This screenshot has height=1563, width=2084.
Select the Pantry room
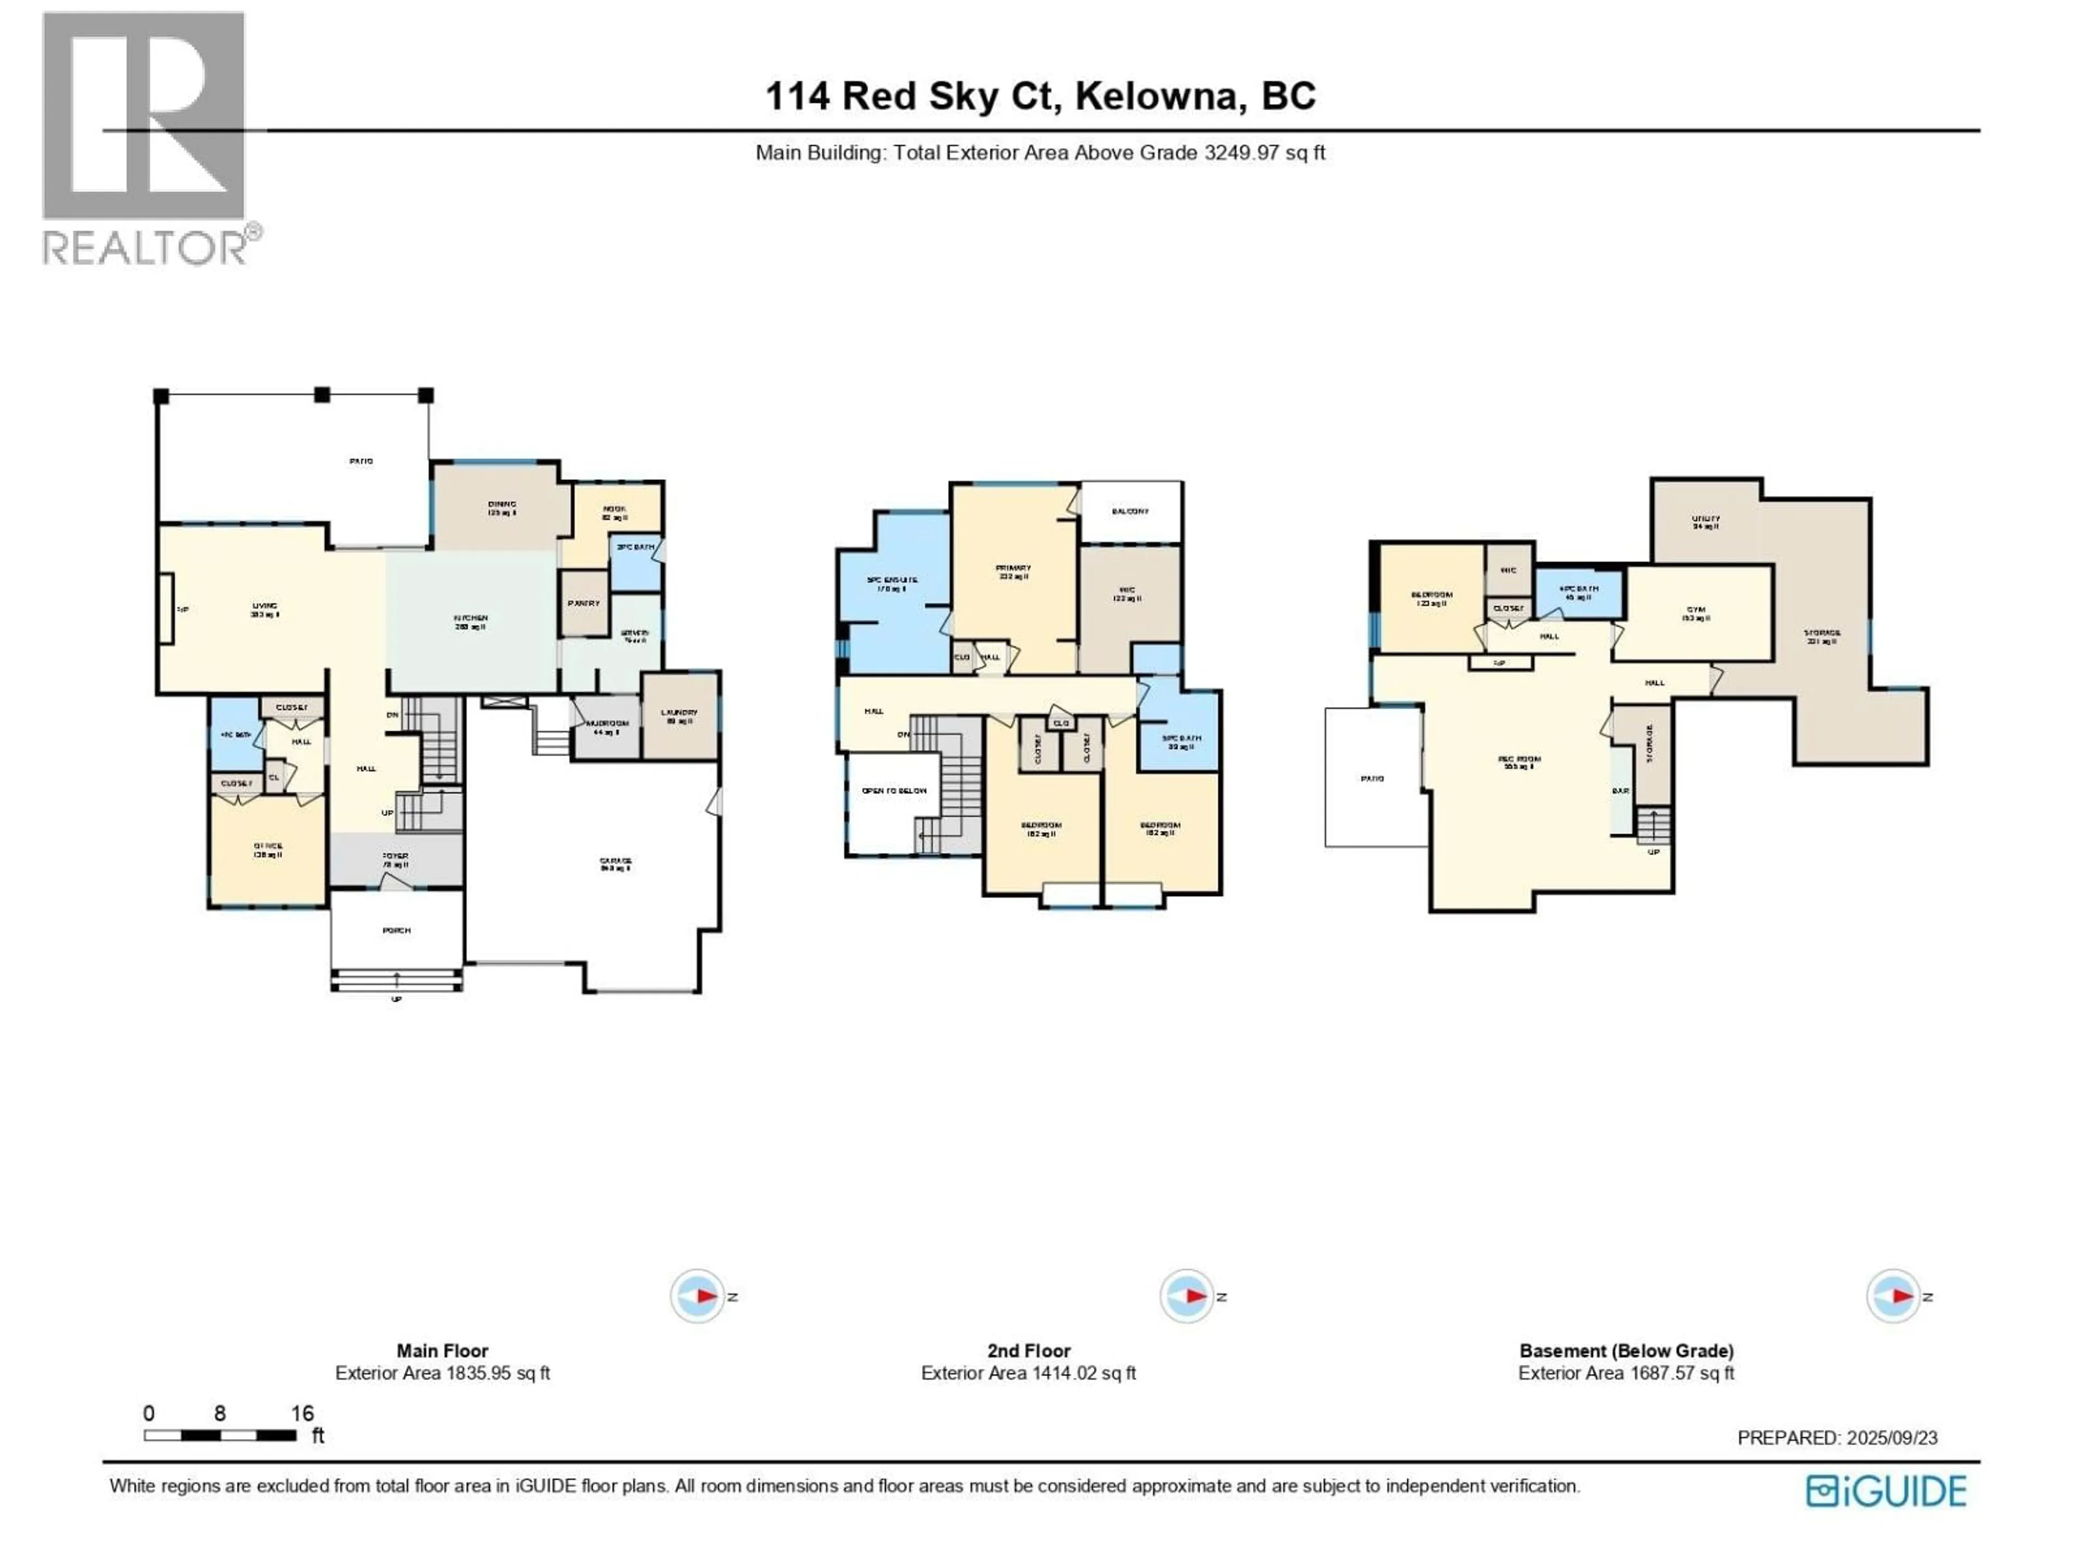coord(584,603)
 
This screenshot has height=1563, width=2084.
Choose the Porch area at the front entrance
coord(397,930)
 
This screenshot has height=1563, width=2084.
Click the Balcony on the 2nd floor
coord(1130,512)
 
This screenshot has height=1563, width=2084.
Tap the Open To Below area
coord(894,790)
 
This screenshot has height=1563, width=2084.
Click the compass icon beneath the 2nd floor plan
coord(1186,1297)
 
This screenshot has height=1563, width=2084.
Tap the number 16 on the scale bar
coord(302,1413)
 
